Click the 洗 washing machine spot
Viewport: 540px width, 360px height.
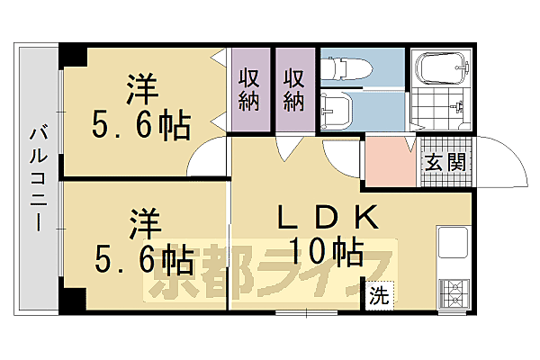click(x=379, y=295)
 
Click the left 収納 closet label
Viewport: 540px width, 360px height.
click(x=249, y=88)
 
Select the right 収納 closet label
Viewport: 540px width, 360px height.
click(x=294, y=88)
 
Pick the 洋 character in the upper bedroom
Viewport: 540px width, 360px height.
click(x=142, y=89)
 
